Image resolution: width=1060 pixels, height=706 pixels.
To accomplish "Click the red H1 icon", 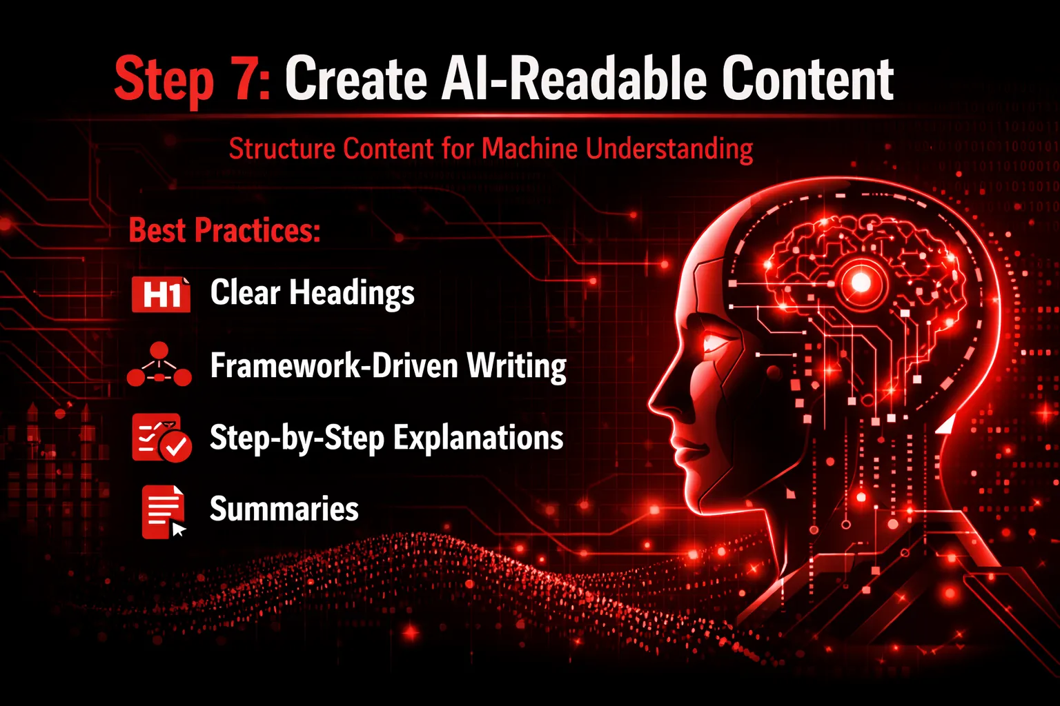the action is [161, 294].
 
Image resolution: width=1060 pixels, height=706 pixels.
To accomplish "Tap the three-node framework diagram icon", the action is [159, 364].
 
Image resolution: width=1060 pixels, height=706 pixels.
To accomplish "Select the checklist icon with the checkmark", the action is [161, 437].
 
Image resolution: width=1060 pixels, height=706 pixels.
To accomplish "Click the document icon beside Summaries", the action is [164, 512].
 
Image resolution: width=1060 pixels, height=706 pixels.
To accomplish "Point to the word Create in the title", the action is [356, 79].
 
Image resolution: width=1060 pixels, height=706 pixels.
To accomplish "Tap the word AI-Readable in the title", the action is [574, 79].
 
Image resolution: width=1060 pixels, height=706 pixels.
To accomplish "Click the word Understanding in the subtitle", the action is [669, 150].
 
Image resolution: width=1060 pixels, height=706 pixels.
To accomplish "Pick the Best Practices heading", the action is [224, 230].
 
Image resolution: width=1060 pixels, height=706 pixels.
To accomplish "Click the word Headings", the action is [352, 293].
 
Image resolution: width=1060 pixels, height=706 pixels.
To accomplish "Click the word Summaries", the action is [284, 509].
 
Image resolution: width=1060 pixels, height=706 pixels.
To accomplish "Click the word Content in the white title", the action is [808, 79].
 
